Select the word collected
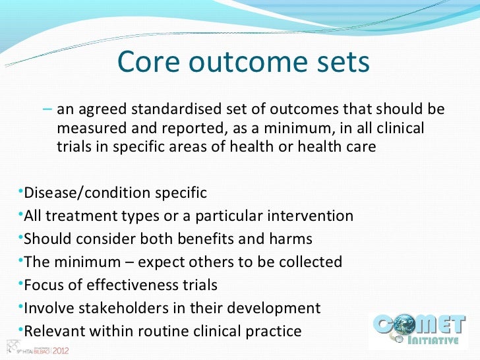pyautogui.click(x=310, y=262)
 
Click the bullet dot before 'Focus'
pyautogui.click(x=19, y=284)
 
